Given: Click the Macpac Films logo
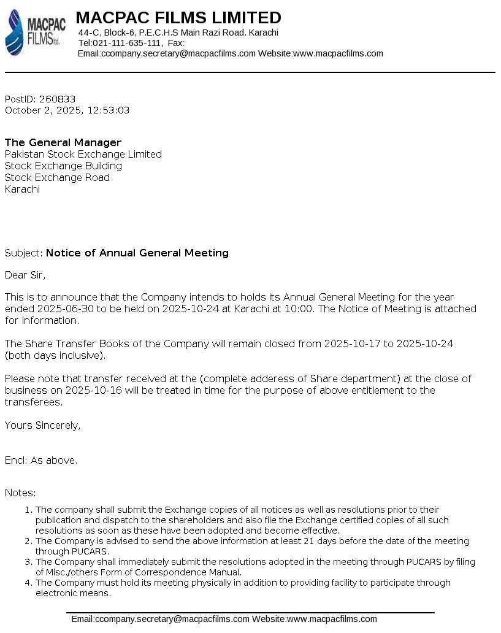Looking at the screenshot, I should tap(35, 33).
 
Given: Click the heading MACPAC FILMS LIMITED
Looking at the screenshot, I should tap(178, 18).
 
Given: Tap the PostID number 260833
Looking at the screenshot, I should tap(57, 99).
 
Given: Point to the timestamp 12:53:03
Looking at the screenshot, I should tap(109, 111).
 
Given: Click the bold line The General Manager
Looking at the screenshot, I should tap(63, 143).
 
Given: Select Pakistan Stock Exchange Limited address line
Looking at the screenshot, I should tap(83, 155).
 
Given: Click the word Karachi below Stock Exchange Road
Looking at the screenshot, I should tap(22, 190).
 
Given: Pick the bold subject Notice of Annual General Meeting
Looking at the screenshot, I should tap(137, 253).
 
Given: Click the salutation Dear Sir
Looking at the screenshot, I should tap(25, 275).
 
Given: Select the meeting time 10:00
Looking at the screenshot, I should tap(300, 309).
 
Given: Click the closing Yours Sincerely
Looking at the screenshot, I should tap(42, 426).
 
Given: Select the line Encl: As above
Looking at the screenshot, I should tap(41, 461).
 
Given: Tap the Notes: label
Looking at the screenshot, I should tap(20, 493).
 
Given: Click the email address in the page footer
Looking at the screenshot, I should tap(161, 620).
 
